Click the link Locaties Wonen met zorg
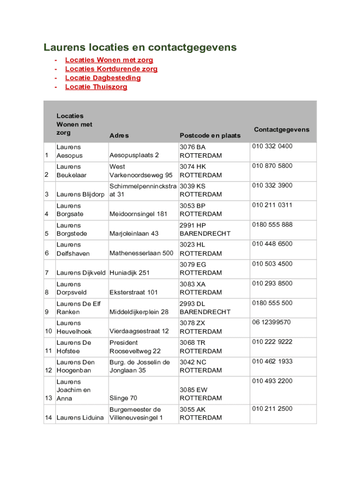(109, 60)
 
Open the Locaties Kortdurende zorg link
(111, 69)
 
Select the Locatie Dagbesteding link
(102, 78)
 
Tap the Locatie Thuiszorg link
(96, 87)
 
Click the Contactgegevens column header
(281, 129)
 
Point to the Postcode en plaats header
(210, 135)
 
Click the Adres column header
(119, 136)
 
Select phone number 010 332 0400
(272, 146)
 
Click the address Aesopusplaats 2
(134, 155)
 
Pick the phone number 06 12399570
(271, 322)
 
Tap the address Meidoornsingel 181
(138, 214)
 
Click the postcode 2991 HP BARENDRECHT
(205, 229)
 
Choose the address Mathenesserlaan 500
(141, 254)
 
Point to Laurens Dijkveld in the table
(81, 273)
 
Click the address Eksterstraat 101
(133, 292)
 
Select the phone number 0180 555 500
(272, 303)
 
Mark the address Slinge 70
(123, 398)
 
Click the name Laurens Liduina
(80, 418)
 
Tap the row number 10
(49, 332)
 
